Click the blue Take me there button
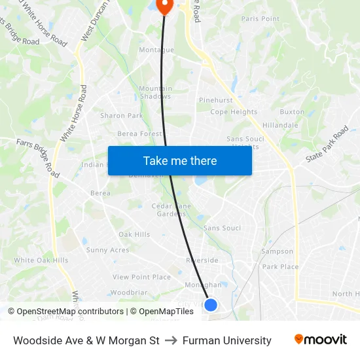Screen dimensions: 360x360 pos(180,160)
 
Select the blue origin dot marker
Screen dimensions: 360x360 pos(211,304)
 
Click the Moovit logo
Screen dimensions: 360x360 pos(321,340)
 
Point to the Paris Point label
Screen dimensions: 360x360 pos(260,19)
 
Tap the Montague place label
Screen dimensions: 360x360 pos(156,50)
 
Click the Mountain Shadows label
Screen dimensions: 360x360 pos(155,92)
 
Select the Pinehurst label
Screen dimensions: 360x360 pos(216,100)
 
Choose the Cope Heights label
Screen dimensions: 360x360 pos(234,112)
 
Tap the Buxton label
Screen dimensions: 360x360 pos(292,112)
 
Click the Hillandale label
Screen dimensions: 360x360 pos(280,125)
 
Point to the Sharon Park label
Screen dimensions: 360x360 pos(121,116)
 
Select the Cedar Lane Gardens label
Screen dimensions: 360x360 pos(171,209)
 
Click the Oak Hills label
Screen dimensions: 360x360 pos(134,234)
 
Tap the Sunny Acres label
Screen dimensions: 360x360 pos(107,250)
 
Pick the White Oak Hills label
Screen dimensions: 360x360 pos(41,260)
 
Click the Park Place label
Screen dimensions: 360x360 pos(280,266)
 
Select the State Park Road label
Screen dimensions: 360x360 pos(327,145)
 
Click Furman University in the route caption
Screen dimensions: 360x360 pos(226,340)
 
